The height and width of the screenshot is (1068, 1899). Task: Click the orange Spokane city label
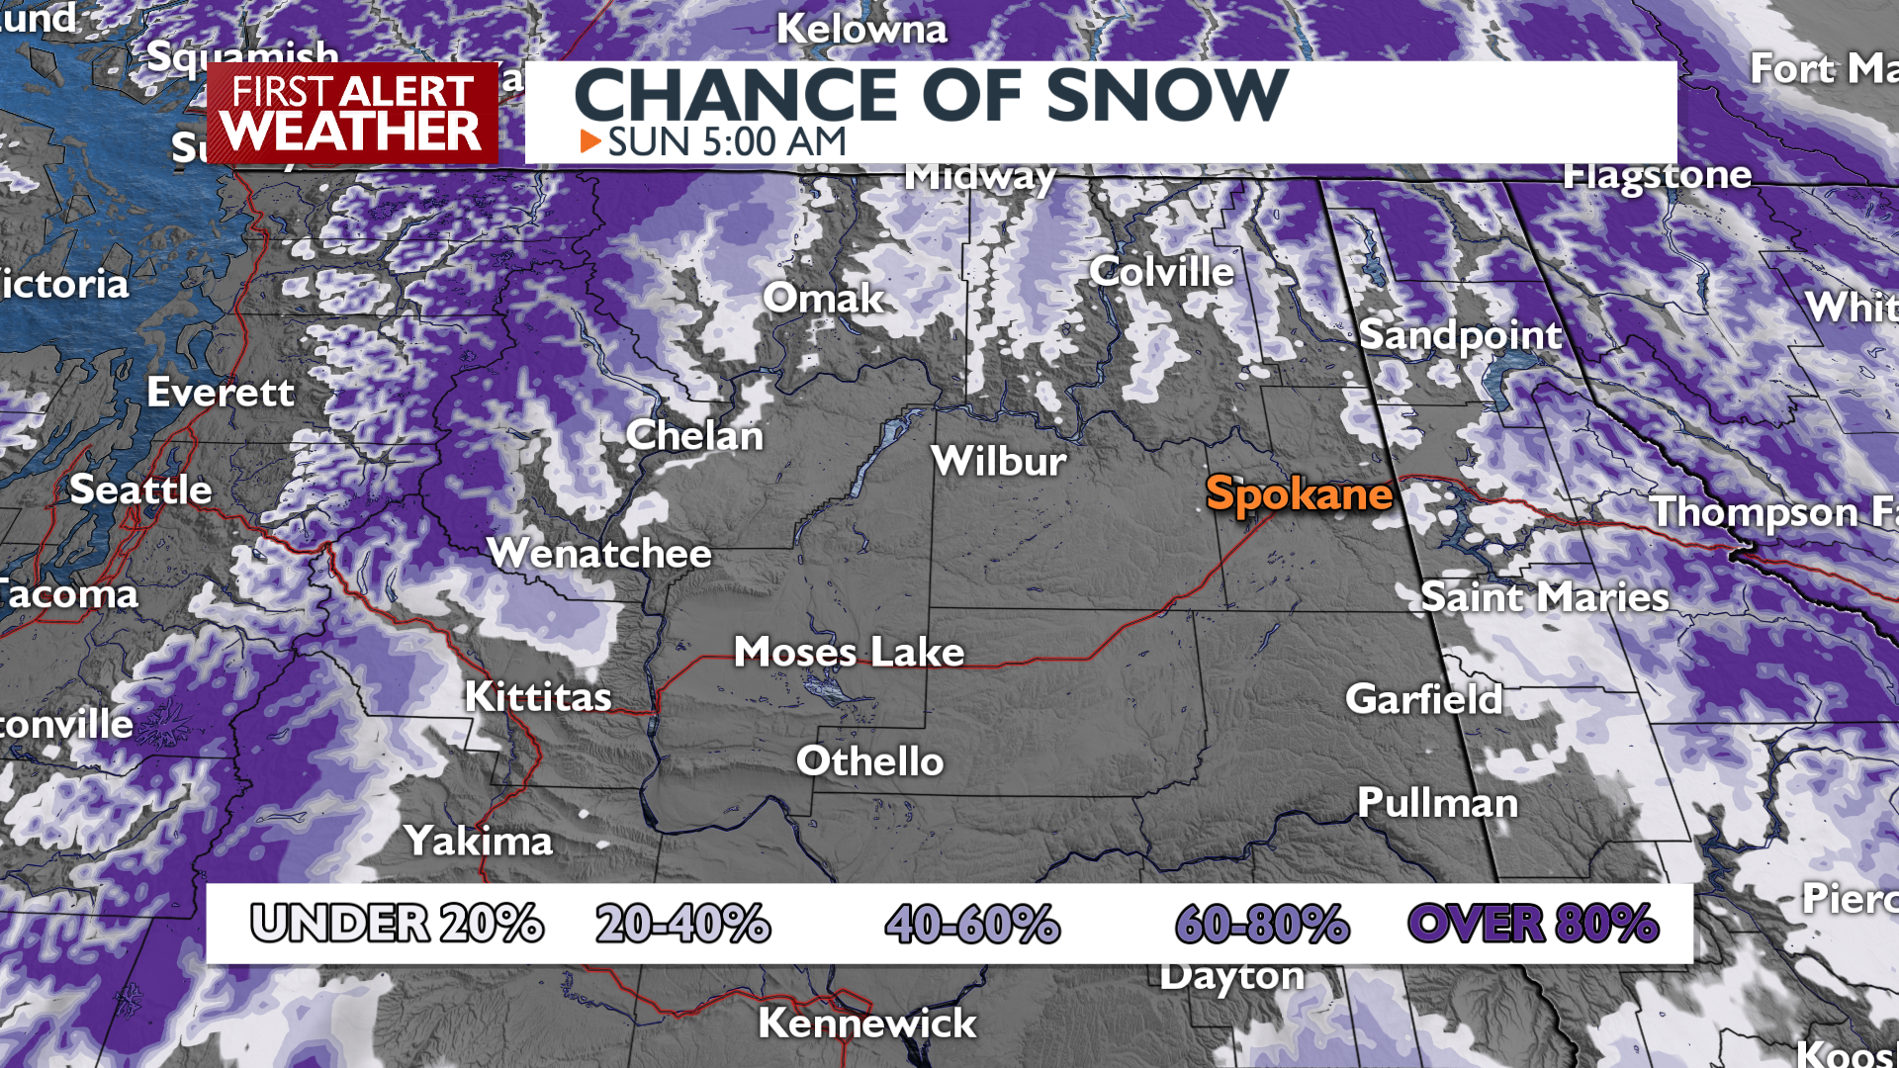pyautogui.click(x=1299, y=493)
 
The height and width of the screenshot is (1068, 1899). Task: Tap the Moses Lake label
pyautogui.click(x=849, y=652)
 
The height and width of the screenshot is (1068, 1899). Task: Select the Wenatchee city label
pyautogui.click(x=599, y=553)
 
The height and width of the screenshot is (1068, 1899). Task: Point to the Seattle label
pyautogui.click(x=140, y=489)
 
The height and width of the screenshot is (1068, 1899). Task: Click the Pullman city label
pyautogui.click(x=1437, y=803)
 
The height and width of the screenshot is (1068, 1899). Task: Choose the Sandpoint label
pyautogui.click(x=1460, y=335)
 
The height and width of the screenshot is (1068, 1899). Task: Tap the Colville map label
pyautogui.click(x=1161, y=272)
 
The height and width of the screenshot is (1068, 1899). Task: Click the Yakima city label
pyautogui.click(x=479, y=842)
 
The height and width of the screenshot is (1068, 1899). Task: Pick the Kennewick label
pyautogui.click(x=866, y=1023)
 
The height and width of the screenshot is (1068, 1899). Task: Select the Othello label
pyautogui.click(x=869, y=761)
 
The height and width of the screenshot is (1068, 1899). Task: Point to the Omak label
pyautogui.click(x=823, y=299)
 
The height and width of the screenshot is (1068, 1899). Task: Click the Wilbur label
pyautogui.click(x=999, y=462)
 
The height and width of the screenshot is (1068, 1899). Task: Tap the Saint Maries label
pyautogui.click(x=1544, y=597)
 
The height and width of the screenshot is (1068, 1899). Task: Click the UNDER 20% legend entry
pyautogui.click(x=397, y=924)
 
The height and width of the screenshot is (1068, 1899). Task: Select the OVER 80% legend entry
pyautogui.click(x=1532, y=924)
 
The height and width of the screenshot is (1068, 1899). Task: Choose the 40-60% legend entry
pyautogui.click(x=972, y=924)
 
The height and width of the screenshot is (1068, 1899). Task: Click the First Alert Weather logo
pyautogui.click(x=352, y=114)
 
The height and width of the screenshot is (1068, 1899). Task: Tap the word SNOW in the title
pyautogui.click(x=1167, y=96)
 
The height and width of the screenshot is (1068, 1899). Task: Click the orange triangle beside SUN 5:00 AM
pyautogui.click(x=590, y=141)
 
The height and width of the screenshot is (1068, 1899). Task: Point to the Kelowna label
pyautogui.click(x=861, y=30)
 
